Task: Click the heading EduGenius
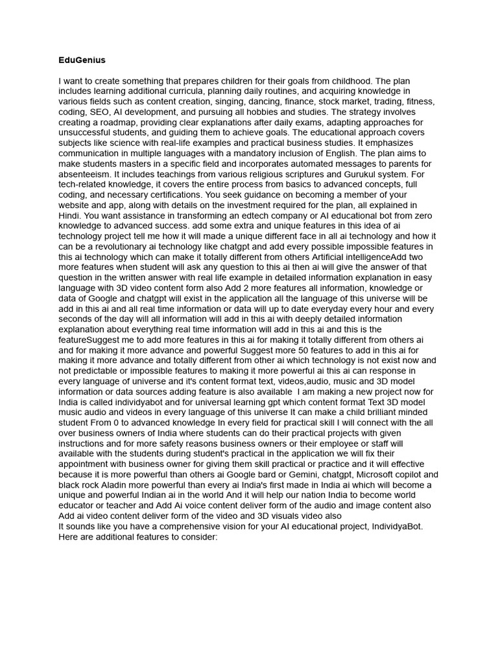coord(82,60)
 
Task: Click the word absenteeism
coord(84,174)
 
